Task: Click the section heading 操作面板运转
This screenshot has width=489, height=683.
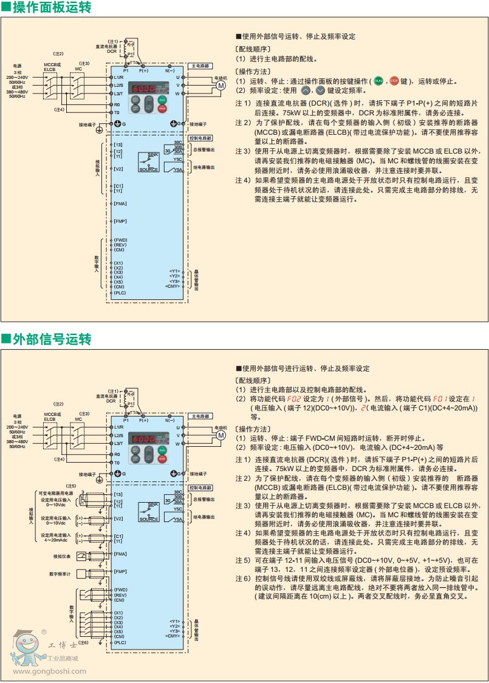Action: pyautogui.click(x=52, y=8)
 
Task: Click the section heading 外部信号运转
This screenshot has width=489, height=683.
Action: pyautogui.click(x=52, y=339)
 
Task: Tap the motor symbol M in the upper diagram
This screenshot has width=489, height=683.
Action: pyautogui.click(x=221, y=86)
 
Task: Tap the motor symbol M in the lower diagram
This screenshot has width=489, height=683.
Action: pyautogui.click(x=221, y=436)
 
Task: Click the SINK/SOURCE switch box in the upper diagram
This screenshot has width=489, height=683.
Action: pyautogui.click(x=149, y=163)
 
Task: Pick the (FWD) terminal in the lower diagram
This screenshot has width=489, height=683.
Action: pyautogui.click(x=120, y=590)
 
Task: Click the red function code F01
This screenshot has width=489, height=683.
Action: pyautogui.click(x=439, y=399)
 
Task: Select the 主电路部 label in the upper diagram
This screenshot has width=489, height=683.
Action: pyautogui.click(x=201, y=66)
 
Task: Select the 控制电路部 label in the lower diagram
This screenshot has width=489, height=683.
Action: pyautogui.click(x=201, y=488)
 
